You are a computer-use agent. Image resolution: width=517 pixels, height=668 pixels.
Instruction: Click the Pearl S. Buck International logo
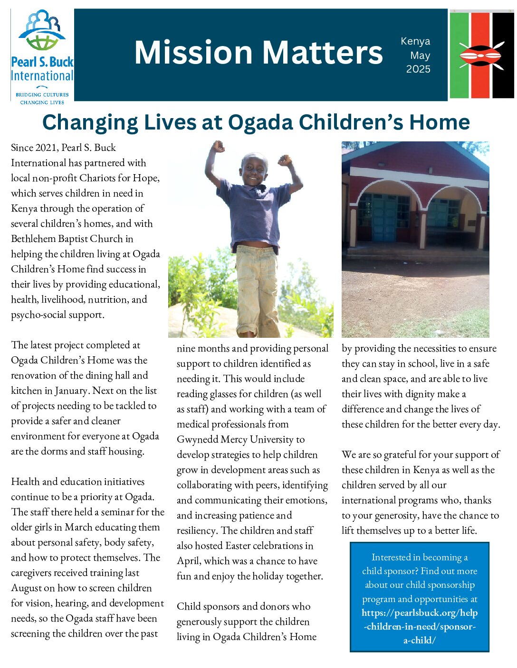(42, 55)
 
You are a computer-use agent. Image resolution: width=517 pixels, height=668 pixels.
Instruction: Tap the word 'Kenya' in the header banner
(415, 41)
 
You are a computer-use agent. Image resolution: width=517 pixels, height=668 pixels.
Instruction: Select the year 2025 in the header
(418, 69)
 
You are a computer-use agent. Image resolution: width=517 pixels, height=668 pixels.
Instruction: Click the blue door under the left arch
(383, 218)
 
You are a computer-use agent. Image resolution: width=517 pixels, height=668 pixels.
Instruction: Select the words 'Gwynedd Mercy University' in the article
(240, 439)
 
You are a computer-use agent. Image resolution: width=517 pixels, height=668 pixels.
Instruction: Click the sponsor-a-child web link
(420, 626)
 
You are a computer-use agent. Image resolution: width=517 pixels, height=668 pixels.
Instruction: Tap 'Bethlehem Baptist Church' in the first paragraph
(72, 239)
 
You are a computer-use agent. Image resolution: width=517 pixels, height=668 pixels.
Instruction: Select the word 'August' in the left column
(27, 588)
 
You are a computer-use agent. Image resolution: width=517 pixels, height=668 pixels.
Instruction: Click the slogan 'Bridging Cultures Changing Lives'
(42, 98)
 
